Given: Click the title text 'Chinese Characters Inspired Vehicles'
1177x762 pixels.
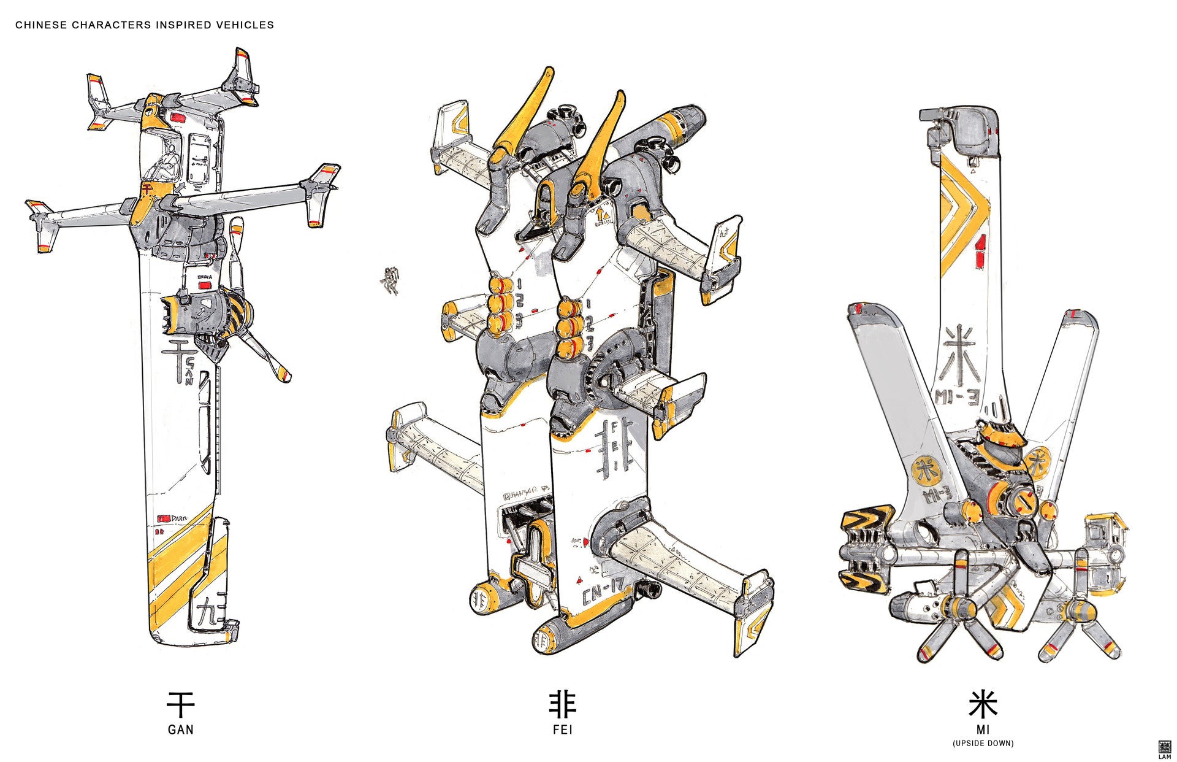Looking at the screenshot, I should pyautogui.click(x=145, y=25).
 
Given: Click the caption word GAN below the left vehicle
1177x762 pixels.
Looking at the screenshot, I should pyautogui.click(x=180, y=729).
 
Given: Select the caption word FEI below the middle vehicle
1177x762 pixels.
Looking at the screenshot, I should pyautogui.click(x=562, y=729).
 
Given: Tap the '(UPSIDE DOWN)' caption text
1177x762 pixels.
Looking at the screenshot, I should pyautogui.click(x=983, y=744).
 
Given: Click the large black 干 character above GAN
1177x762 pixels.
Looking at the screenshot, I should pyautogui.click(x=180, y=706).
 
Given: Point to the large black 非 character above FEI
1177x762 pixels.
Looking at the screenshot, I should pyautogui.click(x=562, y=706).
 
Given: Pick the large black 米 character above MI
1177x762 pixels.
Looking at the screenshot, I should pyautogui.click(x=983, y=706).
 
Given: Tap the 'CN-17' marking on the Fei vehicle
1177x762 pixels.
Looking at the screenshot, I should pyautogui.click(x=603, y=593).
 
